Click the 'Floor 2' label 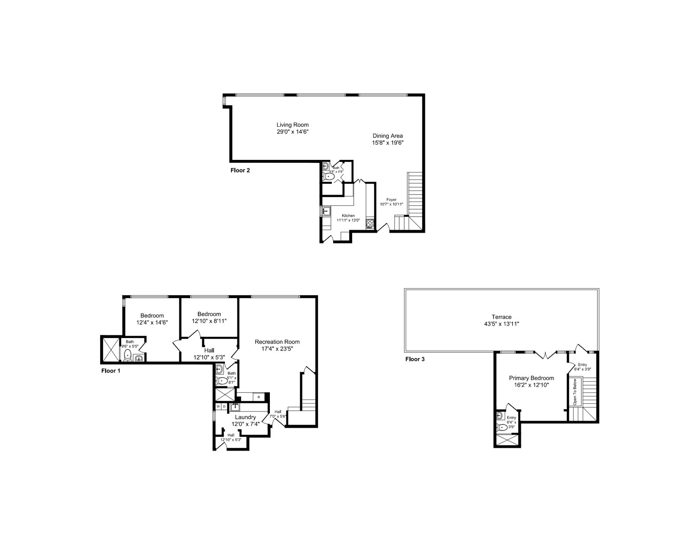tap(240, 170)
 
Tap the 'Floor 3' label tap(415, 359)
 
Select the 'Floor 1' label tap(111, 370)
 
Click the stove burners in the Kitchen tap(370, 223)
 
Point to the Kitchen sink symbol tap(325, 211)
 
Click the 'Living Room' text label tap(292, 125)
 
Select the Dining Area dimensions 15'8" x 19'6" tap(388, 143)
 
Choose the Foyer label tap(392, 200)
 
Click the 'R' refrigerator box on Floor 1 tap(259, 397)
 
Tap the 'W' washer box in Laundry tap(218, 406)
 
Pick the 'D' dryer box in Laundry tap(224, 406)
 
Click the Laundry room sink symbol tap(235, 406)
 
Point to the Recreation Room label tap(277, 341)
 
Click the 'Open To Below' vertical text tap(575, 392)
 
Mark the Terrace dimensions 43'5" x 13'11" tap(501, 324)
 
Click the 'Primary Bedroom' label tap(531, 378)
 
